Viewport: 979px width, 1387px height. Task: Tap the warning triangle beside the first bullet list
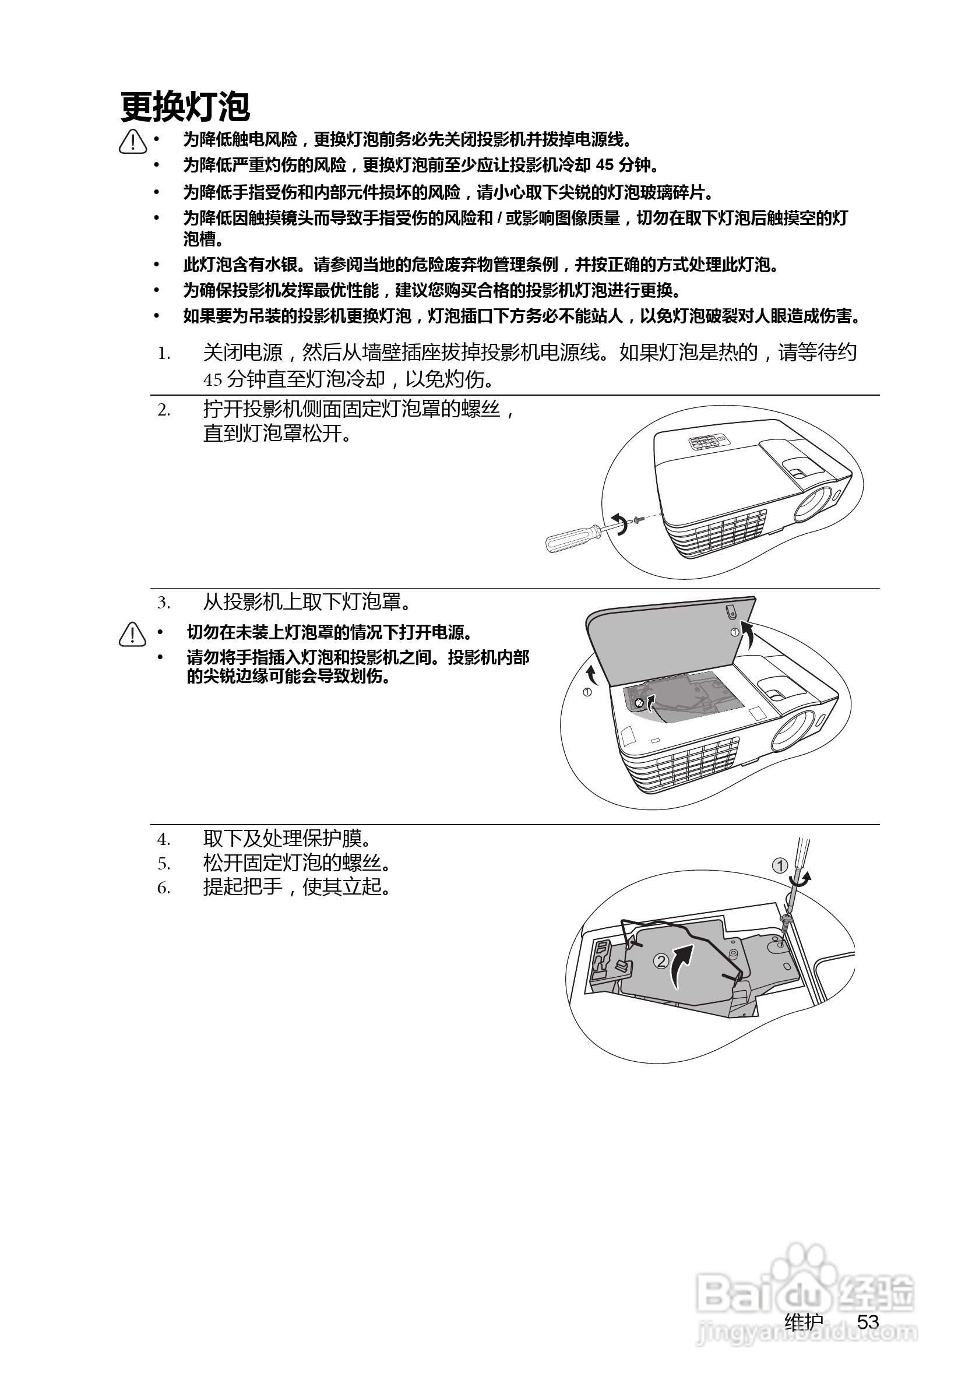coord(133,142)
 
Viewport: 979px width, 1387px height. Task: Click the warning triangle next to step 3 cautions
coord(132,634)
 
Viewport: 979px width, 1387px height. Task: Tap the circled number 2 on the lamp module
coord(661,960)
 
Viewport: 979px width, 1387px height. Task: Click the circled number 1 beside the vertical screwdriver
coord(780,865)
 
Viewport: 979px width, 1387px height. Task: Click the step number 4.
coord(163,839)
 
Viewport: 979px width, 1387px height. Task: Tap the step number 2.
coord(163,410)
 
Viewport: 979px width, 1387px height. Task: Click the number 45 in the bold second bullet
coord(604,165)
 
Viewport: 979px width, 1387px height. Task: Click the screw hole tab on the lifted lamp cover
coord(731,612)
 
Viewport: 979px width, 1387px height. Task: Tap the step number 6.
coord(163,888)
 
